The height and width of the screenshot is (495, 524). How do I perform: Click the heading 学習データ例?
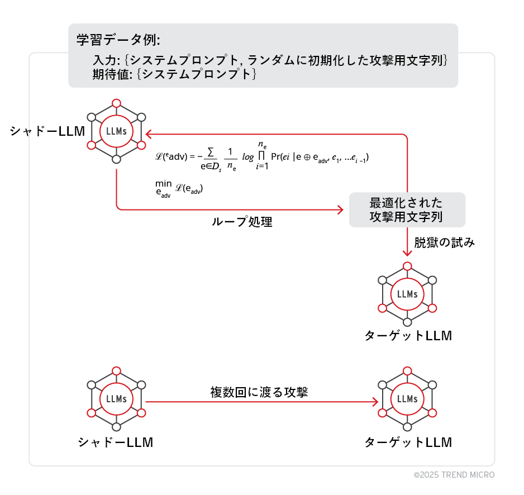pyautogui.click(x=118, y=40)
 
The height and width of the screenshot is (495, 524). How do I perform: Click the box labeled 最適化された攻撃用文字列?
pyautogui.click(x=407, y=210)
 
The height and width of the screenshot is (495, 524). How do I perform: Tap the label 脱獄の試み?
pyautogui.click(x=444, y=242)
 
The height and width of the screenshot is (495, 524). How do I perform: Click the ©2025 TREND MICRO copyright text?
pyautogui.click(x=454, y=475)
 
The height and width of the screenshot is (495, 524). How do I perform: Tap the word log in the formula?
pyautogui.click(x=247, y=157)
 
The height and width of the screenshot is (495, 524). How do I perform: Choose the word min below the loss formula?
pyautogui.click(x=163, y=183)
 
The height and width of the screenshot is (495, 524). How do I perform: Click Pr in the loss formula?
pyautogui.click(x=276, y=157)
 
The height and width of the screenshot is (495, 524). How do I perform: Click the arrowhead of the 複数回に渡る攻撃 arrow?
pyautogui.click(x=374, y=402)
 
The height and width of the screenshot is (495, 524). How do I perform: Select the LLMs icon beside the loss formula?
pyautogui.click(x=116, y=131)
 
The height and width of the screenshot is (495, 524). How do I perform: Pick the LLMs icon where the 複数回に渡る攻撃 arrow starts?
pyautogui.click(x=116, y=399)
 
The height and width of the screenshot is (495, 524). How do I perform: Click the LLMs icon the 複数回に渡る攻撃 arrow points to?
pyautogui.click(x=407, y=399)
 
